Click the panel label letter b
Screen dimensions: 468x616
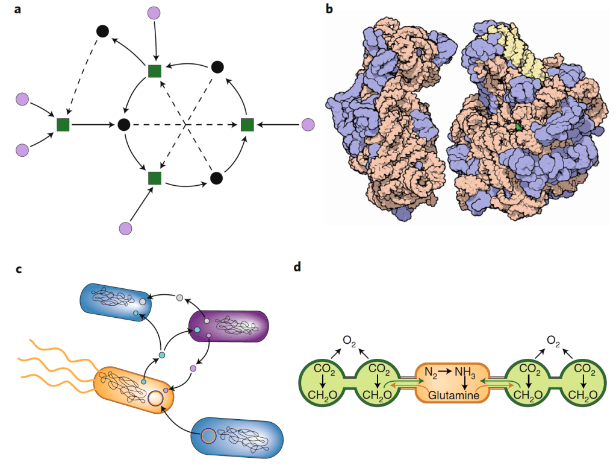tap(329, 8)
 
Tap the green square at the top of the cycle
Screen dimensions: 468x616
tap(155, 71)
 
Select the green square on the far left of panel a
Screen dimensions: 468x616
tap(63, 125)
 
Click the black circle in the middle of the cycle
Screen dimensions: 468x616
tap(124, 125)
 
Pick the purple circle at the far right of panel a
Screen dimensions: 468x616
tap(308, 125)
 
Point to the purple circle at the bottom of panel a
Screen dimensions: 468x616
tap(125, 228)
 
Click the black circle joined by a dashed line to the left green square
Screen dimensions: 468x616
tap(103, 31)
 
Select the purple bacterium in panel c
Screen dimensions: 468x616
tap(229, 326)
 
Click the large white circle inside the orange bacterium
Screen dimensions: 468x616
tap(155, 399)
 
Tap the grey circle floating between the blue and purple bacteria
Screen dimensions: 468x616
tap(179, 298)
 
